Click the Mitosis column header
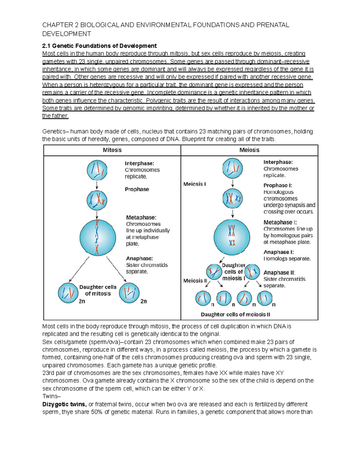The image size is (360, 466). pyautogui.click(x=112, y=150)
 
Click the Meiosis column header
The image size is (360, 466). pyautogui.click(x=249, y=150)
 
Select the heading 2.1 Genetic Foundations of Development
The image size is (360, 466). pyautogui.click(x=99, y=46)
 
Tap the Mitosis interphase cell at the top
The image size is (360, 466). pyautogui.click(x=97, y=170)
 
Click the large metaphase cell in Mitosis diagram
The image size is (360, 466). pyautogui.click(x=97, y=237)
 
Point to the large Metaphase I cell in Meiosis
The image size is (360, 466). pyautogui.click(x=232, y=237)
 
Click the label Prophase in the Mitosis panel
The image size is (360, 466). pyautogui.click(x=137, y=189)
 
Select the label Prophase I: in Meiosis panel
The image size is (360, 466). pyautogui.click(x=277, y=185)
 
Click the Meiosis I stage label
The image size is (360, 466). pyautogui.click(x=194, y=184)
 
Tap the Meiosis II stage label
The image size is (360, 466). pyautogui.click(x=195, y=281)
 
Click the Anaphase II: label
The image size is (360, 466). pyautogui.click(x=279, y=272)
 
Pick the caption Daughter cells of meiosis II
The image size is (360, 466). pyautogui.click(x=235, y=314)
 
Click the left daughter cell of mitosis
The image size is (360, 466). pyautogui.click(x=68, y=293)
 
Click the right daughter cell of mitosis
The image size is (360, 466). pyautogui.click(x=129, y=293)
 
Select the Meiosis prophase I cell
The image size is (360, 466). pyautogui.click(x=232, y=199)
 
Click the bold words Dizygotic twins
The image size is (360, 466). pyautogui.click(x=64, y=404)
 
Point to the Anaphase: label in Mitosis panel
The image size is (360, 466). pyautogui.click(x=139, y=258)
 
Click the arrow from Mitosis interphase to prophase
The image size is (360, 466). pyautogui.click(x=97, y=185)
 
